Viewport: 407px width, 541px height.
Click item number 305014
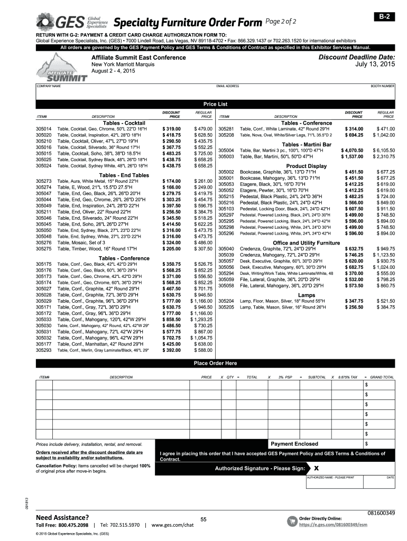[x=43, y=129]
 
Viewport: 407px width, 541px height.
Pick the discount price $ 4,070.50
[x=352, y=151]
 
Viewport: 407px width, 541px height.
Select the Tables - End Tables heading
[x=124, y=175]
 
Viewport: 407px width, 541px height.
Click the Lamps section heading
[x=307, y=295]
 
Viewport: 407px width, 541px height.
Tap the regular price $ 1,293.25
[x=201, y=320]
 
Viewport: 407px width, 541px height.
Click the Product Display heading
[x=307, y=166]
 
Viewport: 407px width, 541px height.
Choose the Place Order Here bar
[x=216, y=363]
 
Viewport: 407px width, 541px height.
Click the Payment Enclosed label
[x=294, y=444]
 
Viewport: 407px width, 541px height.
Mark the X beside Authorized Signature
[x=316, y=468]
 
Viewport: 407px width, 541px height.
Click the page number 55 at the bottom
[x=203, y=520]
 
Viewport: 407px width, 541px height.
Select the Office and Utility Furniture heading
[x=307, y=242]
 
